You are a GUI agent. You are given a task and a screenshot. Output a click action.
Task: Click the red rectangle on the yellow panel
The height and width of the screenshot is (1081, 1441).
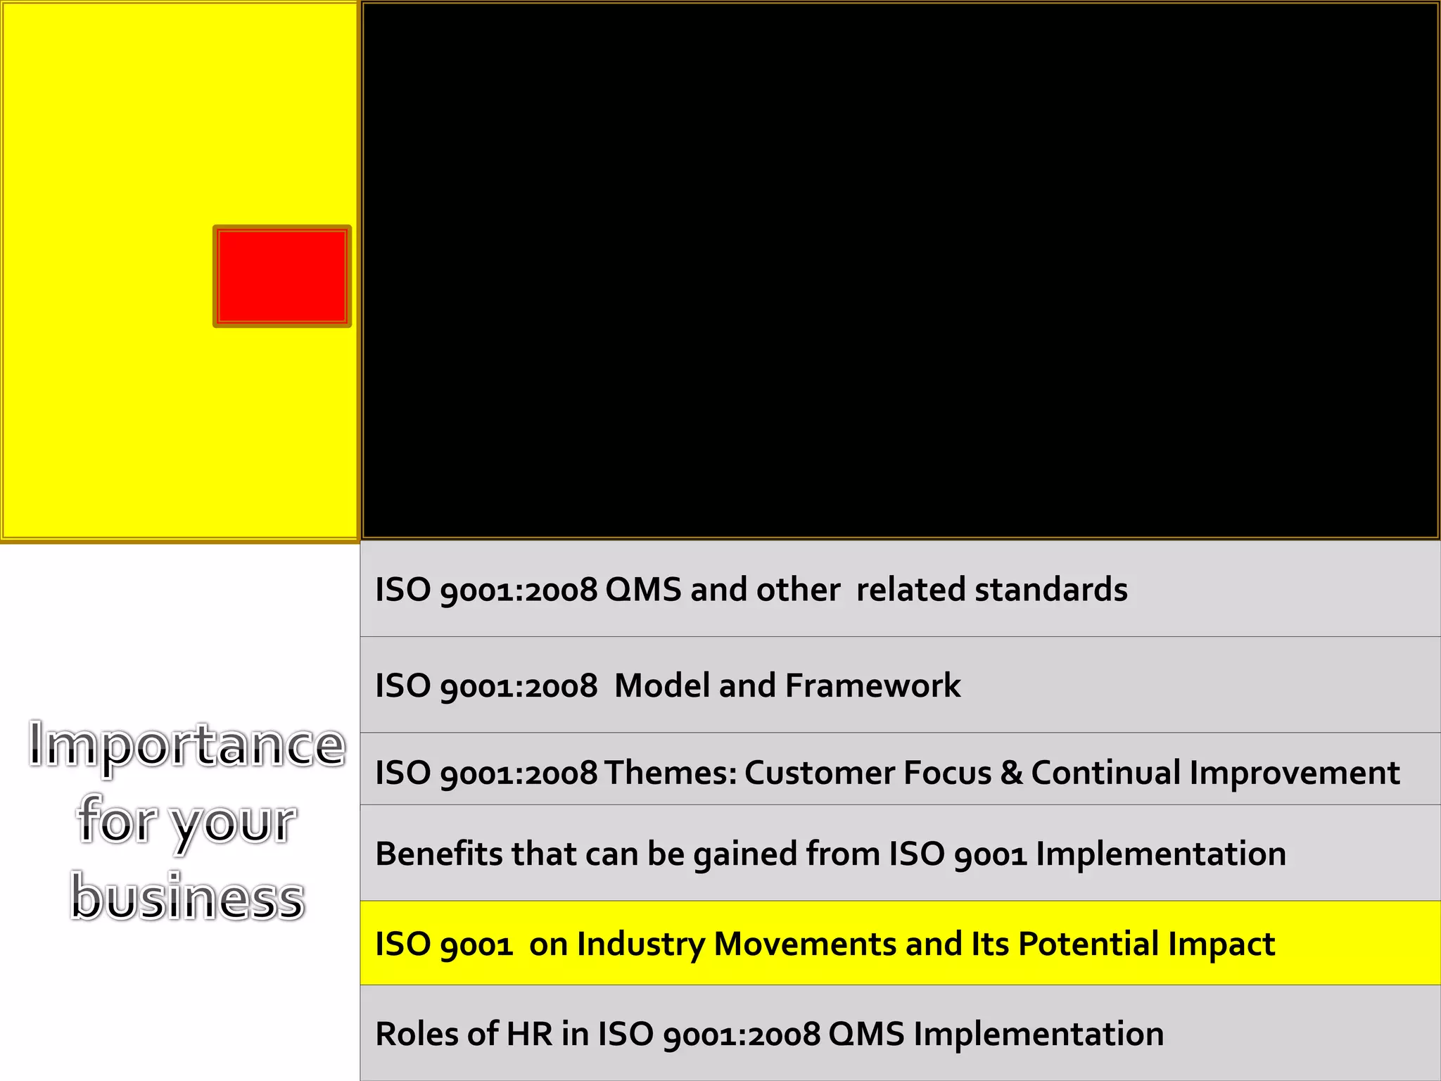pyautogui.click(x=281, y=276)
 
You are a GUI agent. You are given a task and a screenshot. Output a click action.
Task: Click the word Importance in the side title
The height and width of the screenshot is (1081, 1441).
pyautogui.click(x=187, y=745)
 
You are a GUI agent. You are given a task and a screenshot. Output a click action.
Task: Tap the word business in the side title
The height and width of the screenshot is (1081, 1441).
pyautogui.click(x=187, y=897)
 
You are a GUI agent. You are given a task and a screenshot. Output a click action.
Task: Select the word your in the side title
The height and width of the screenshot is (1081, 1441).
pyautogui.click(x=234, y=822)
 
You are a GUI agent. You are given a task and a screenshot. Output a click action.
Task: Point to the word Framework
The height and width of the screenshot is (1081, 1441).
pyautogui.click(x=872, y=685)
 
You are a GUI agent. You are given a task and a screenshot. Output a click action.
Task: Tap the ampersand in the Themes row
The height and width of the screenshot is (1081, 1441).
pyautogui.click(x=1011, y=773)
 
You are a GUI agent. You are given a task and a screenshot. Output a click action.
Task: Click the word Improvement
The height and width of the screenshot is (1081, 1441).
pyautogui.click(x=1295, y=773)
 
